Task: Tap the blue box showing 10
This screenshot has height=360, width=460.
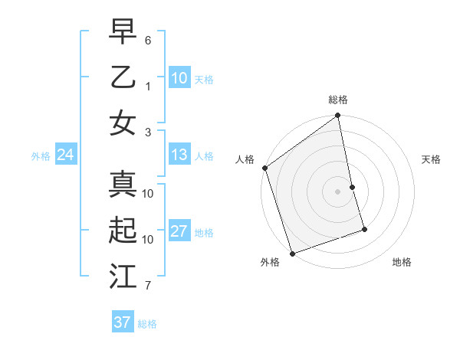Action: pyautogui.click(x=179, y=77)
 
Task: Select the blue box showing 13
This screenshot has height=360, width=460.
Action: pyautogui.click(x=179, y=155)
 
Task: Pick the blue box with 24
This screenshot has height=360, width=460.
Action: pyautogui.click(x=65, y=155)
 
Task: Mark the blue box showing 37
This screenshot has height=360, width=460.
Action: pyautogui.click(x=122, y=322)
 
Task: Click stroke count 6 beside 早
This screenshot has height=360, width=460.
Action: pyautogui.click(x=148, y=39)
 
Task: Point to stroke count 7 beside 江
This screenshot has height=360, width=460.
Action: pyautogui.click(x=148, y=286)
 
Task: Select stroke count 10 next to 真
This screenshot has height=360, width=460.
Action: pyautogui.click(x=148, y=194)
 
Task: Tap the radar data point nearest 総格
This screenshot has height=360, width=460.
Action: pyautogui.click(x=337, y=116)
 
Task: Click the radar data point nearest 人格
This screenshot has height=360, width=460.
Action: pyautogui.click(x=265, y=168)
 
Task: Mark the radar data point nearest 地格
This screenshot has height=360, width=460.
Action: pyautogui.click(x=364, y=229)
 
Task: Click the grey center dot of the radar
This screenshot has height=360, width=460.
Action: pyautogui.click(x=337, y=191)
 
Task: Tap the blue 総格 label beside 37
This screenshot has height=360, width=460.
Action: pyautogui.click(x=147, y=323)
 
